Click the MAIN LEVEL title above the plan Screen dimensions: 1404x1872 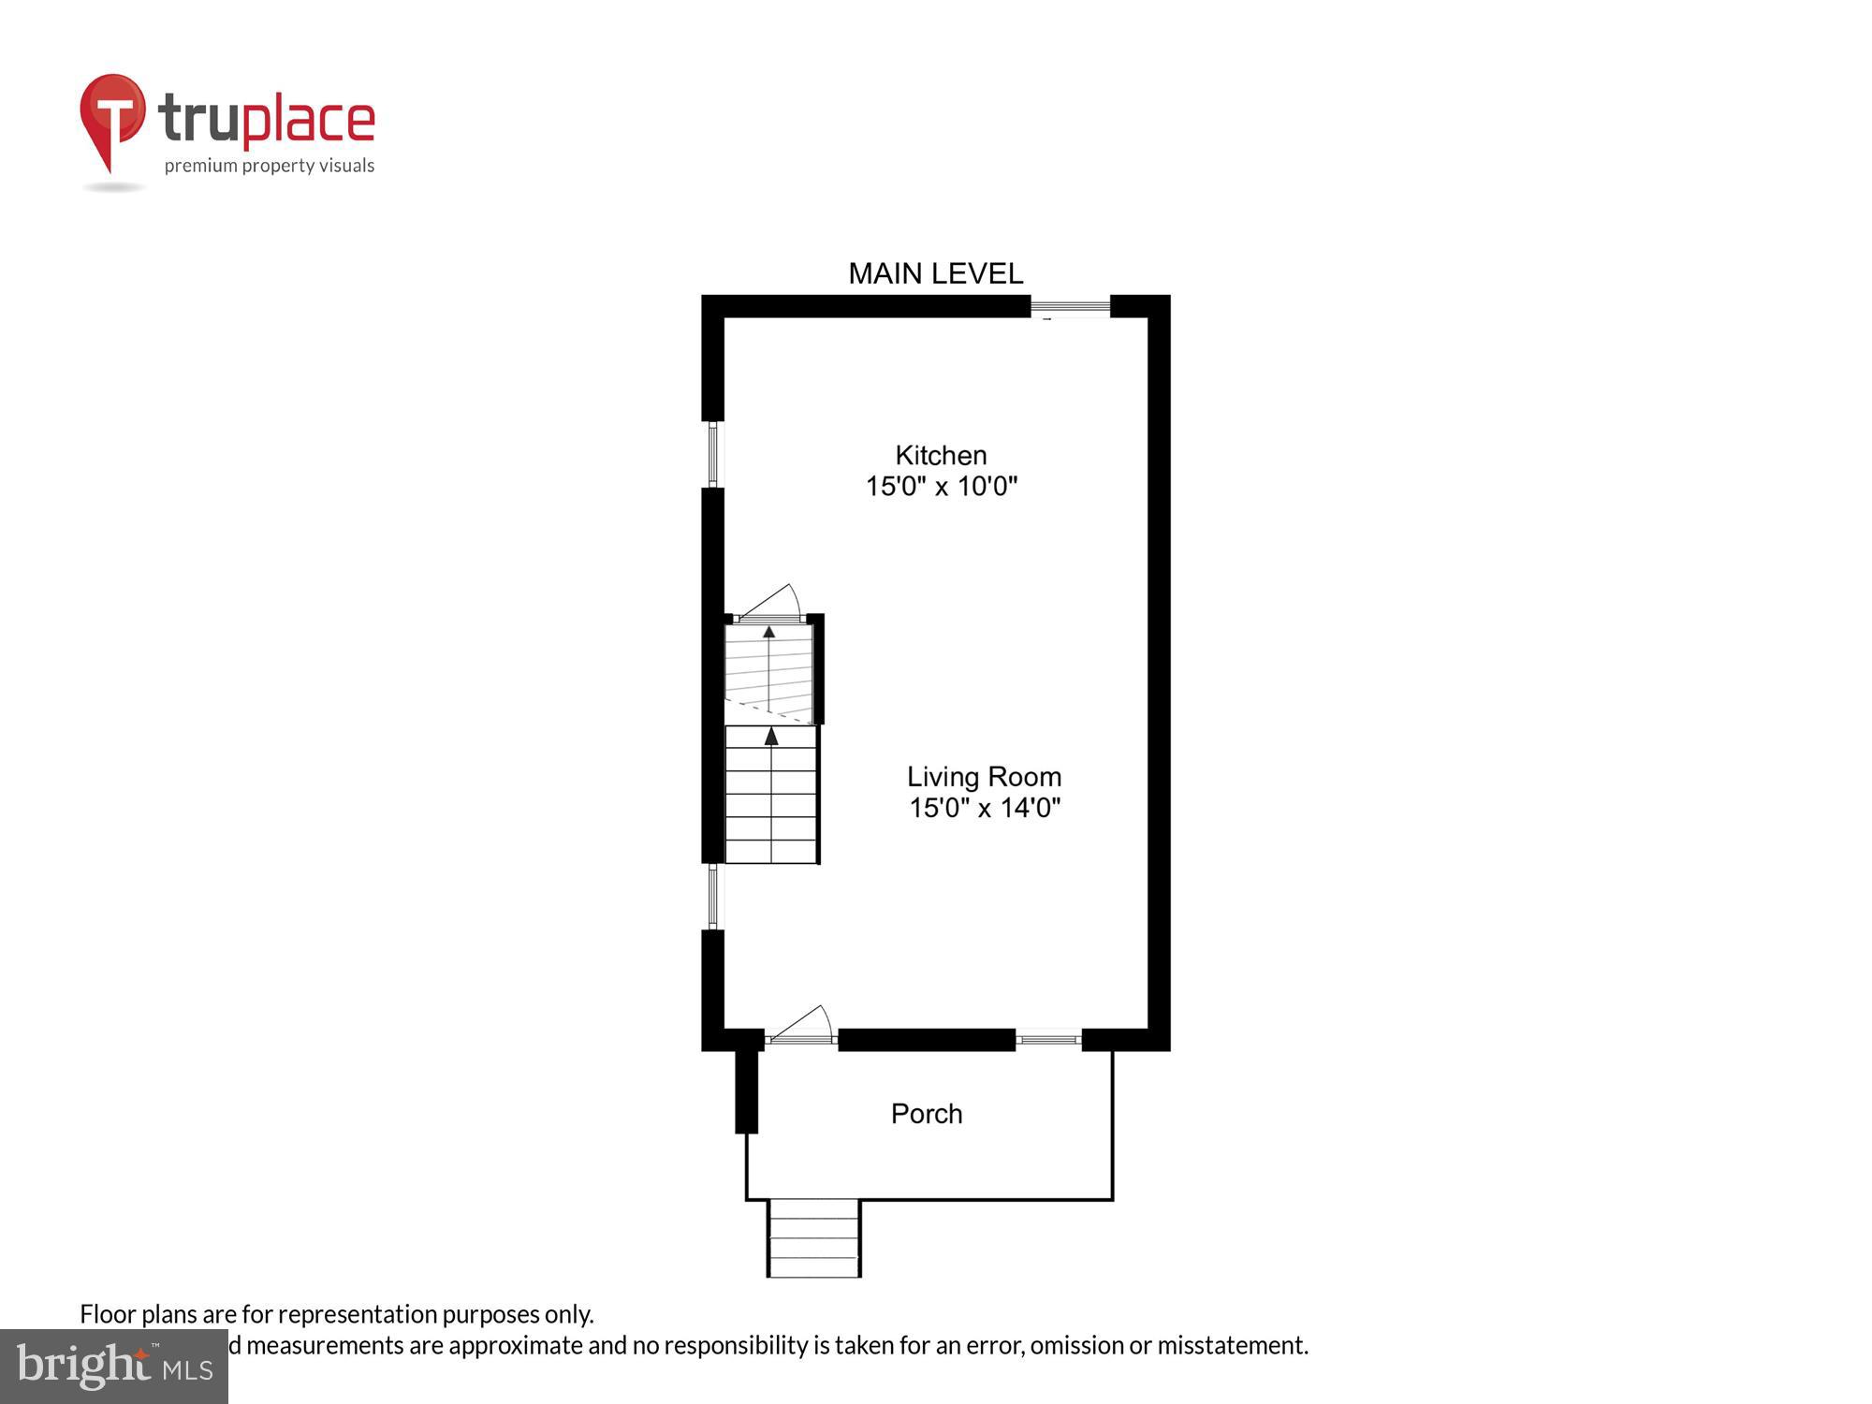pos(935,273)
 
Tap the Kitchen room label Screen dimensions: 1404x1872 pos(941,456)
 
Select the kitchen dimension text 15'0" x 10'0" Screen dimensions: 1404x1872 pos(941,487)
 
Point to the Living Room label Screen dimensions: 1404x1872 pos(984,777)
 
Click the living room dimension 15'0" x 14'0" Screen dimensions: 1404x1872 pos(984,808)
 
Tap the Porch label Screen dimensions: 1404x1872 pos(927,1114)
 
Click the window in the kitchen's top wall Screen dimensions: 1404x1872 pos(1070,306)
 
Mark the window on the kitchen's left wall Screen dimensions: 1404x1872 pos(713,454)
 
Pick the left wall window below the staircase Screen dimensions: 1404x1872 pos(713,896)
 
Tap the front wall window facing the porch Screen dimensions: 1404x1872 pos(1048,1039)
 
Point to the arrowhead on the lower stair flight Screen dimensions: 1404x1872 pos(771,737)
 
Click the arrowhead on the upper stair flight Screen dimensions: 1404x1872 pos(769,632)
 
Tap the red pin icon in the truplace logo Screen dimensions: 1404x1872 pos(112,117)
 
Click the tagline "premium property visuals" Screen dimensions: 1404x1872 pos(270,167)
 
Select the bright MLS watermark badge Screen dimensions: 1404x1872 pos(114,1367)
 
